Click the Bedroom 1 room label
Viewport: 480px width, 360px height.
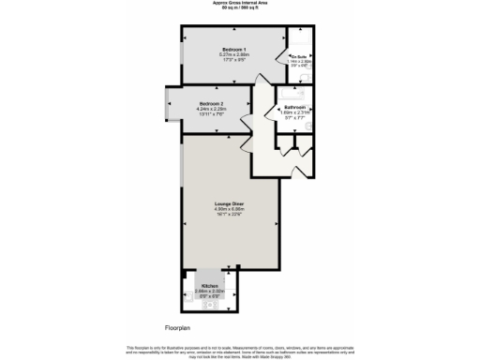click(x=232, y=49)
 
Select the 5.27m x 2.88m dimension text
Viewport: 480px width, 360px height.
click(x=232, y=54)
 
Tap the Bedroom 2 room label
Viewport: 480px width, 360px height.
click(x=210, y=103)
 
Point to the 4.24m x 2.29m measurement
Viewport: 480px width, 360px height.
click(x=210, y=109)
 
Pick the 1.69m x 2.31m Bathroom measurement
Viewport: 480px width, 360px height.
click(x=296, y=113)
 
